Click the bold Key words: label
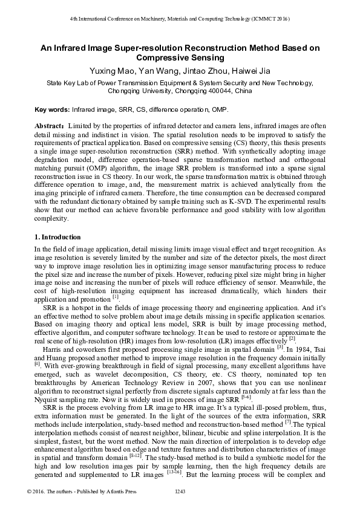(52, 111)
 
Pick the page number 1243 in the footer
(180, 491)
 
